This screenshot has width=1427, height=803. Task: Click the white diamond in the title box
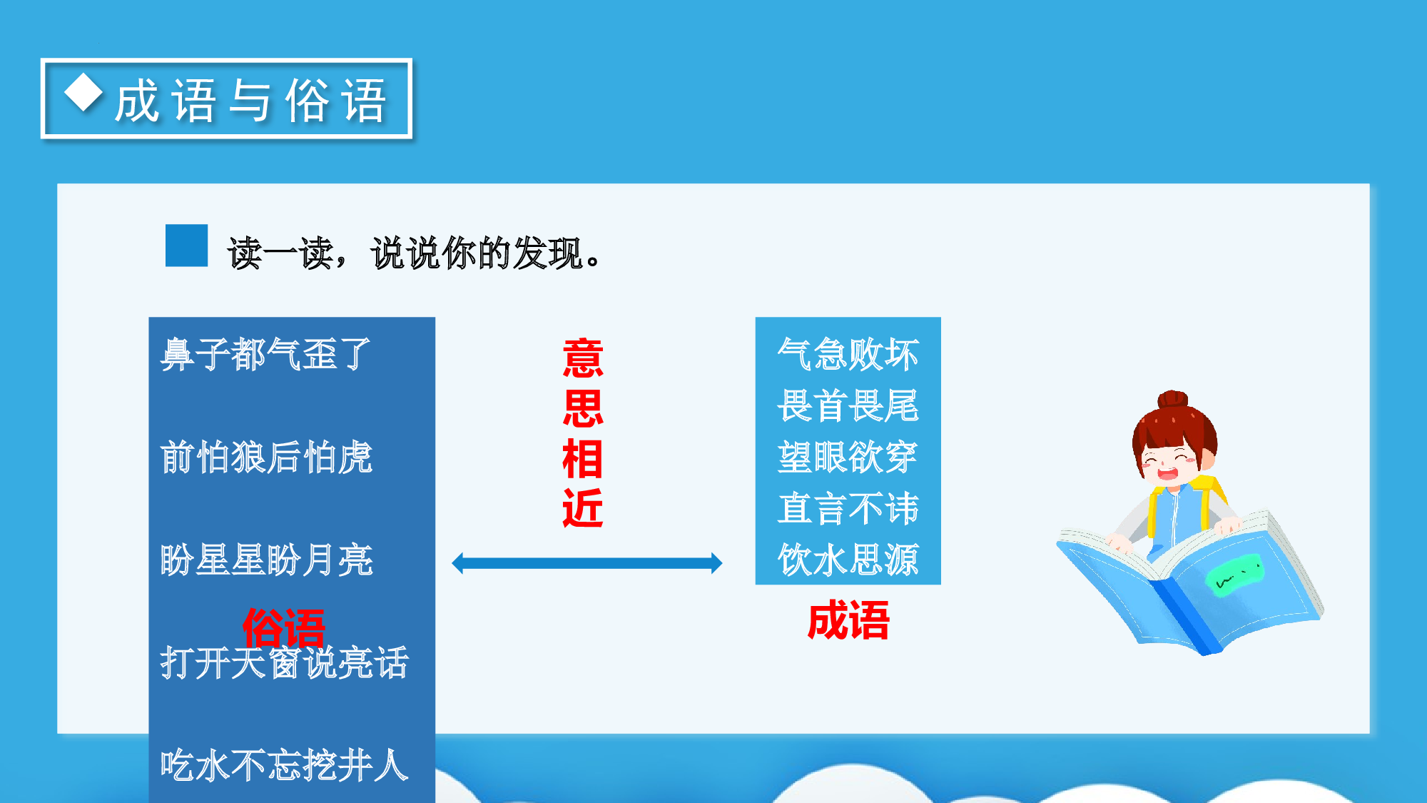coord(84,93)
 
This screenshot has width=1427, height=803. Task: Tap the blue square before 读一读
coord(186,246)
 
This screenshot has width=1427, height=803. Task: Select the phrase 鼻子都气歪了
coord(266,354)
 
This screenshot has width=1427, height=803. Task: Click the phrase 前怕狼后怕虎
coord(266,457)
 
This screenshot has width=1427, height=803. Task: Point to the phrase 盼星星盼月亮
coord(266,560)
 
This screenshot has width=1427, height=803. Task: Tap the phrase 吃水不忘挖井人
coord(284,765)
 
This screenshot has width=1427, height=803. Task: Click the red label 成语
coord(848,620)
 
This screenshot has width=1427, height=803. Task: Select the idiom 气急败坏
coord(848,354)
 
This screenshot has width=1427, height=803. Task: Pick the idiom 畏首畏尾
coord(848,405)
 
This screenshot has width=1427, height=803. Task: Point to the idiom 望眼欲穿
coord(848,457)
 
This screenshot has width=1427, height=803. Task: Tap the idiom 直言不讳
coord(848,508)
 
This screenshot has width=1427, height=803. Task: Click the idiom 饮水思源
coord(848,560)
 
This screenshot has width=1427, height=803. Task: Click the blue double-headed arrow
coord(586,563)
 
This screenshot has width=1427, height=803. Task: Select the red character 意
coord(583,358)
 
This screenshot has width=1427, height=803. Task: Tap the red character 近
coord(583,509)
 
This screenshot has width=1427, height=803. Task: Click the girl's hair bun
coord(1172,399)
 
